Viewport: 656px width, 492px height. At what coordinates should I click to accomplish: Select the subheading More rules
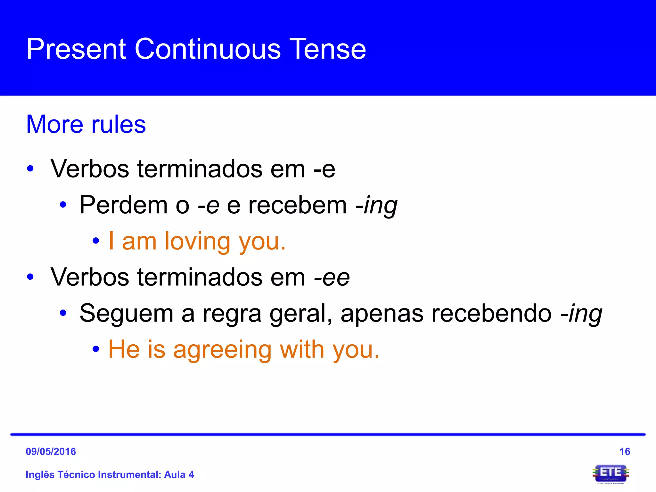pyautogui.click(x=86, y=124)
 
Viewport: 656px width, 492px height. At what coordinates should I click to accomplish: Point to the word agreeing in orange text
pyautogui.click(x=222, y=350)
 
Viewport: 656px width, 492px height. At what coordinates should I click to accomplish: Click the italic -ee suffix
pyautogui.click(x=332, y=277)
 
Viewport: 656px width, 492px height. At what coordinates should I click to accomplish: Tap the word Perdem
pyautogui.click(x=123, y=205)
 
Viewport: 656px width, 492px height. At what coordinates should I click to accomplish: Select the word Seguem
pyautogui.click(x=126, y=313)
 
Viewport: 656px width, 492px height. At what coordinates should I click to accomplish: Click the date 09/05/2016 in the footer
pyautogui.click(x=51, y=452)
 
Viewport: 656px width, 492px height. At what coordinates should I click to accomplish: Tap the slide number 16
pyautogui.click(x=625, y=452)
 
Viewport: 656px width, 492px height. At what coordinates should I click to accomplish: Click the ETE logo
pyautogui.click(x=611, y=473)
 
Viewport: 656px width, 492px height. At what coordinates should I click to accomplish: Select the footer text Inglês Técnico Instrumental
pyautogui.click(x=93, y=475)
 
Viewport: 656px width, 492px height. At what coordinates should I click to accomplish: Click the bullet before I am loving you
pyautogui.click(x=95, y=242)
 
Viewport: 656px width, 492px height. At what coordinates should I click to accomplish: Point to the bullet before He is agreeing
pyautogui.click(x=95, y=349)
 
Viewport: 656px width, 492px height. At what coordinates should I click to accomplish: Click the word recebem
pyautogui.click(x=298, y=205)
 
